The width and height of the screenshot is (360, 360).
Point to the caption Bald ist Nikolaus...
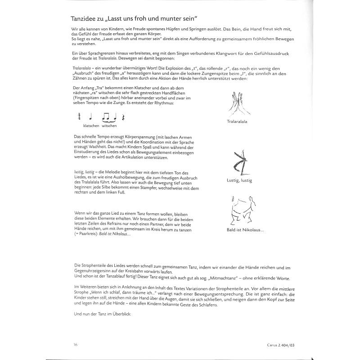click(246, 230)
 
